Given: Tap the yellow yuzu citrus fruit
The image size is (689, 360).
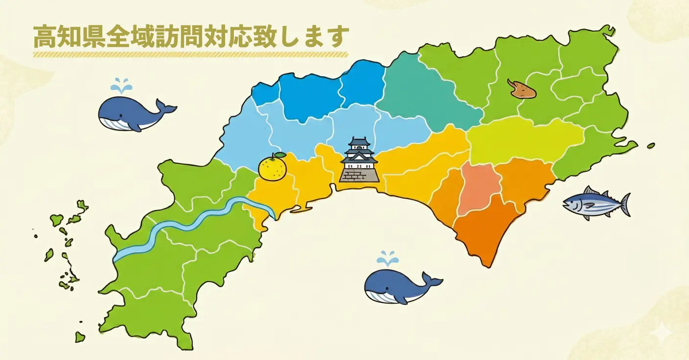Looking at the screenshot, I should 273,168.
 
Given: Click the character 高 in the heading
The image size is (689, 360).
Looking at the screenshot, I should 43,37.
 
